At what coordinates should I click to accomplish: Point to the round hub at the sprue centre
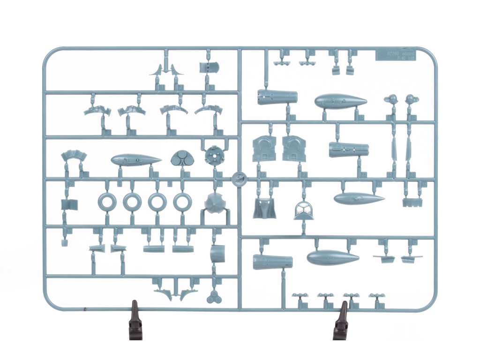[x=239, y=178]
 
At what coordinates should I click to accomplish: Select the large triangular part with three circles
[x=180, y=158]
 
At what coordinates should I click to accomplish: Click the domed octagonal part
[x=215, y=202]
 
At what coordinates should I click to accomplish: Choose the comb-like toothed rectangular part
[x=410, y=202]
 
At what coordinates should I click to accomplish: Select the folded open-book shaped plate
[x=69, y=204]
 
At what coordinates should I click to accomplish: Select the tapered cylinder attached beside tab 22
[x=349, y=150]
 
